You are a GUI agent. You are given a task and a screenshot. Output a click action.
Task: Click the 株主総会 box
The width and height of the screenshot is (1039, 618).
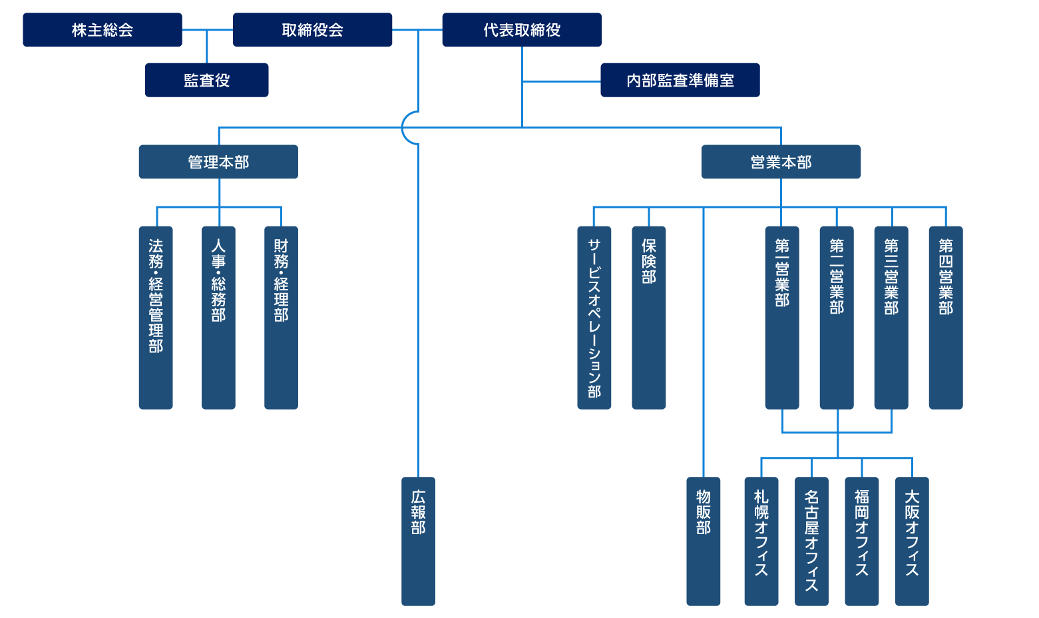point(103,30)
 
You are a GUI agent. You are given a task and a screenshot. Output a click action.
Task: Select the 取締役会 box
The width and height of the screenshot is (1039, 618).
point(312,30)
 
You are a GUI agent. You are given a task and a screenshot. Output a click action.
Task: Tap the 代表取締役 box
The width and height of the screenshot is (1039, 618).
point(522,30)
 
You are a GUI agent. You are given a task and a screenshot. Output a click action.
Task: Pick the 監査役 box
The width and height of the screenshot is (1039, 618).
point(207,80)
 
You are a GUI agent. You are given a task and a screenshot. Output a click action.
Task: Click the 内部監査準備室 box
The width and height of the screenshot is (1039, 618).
point(680,80)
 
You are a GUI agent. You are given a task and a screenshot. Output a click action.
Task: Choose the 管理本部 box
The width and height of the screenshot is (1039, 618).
point(218,162)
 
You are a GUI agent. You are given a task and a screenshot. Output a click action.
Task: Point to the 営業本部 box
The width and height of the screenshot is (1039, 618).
point(781,162)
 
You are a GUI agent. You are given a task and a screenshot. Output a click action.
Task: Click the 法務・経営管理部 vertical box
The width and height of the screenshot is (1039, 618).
point(156,317)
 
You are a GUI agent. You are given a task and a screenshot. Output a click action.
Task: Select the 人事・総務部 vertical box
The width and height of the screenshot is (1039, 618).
point(218,317)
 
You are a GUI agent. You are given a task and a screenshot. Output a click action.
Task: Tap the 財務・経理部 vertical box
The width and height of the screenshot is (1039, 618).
point(281,317)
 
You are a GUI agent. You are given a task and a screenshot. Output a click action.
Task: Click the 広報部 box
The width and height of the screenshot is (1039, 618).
point(418,541)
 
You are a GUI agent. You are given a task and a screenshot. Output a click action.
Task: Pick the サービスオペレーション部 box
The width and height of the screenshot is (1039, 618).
point(594,317)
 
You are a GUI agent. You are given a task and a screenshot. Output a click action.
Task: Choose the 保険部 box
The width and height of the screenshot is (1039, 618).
point(649,317)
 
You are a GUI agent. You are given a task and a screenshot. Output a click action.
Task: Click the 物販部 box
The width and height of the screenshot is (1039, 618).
point(704,541)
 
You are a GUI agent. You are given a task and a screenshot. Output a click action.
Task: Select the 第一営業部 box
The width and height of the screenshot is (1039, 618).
point(782,317)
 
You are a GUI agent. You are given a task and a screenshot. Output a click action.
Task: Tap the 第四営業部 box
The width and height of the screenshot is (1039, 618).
point(946,317)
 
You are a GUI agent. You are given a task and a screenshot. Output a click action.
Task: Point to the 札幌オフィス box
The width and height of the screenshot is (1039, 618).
point(761,541)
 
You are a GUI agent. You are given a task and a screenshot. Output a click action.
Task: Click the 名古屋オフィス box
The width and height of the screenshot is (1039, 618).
point(811,541)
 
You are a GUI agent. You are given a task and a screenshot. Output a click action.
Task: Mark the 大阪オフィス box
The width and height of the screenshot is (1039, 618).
point(912,541)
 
